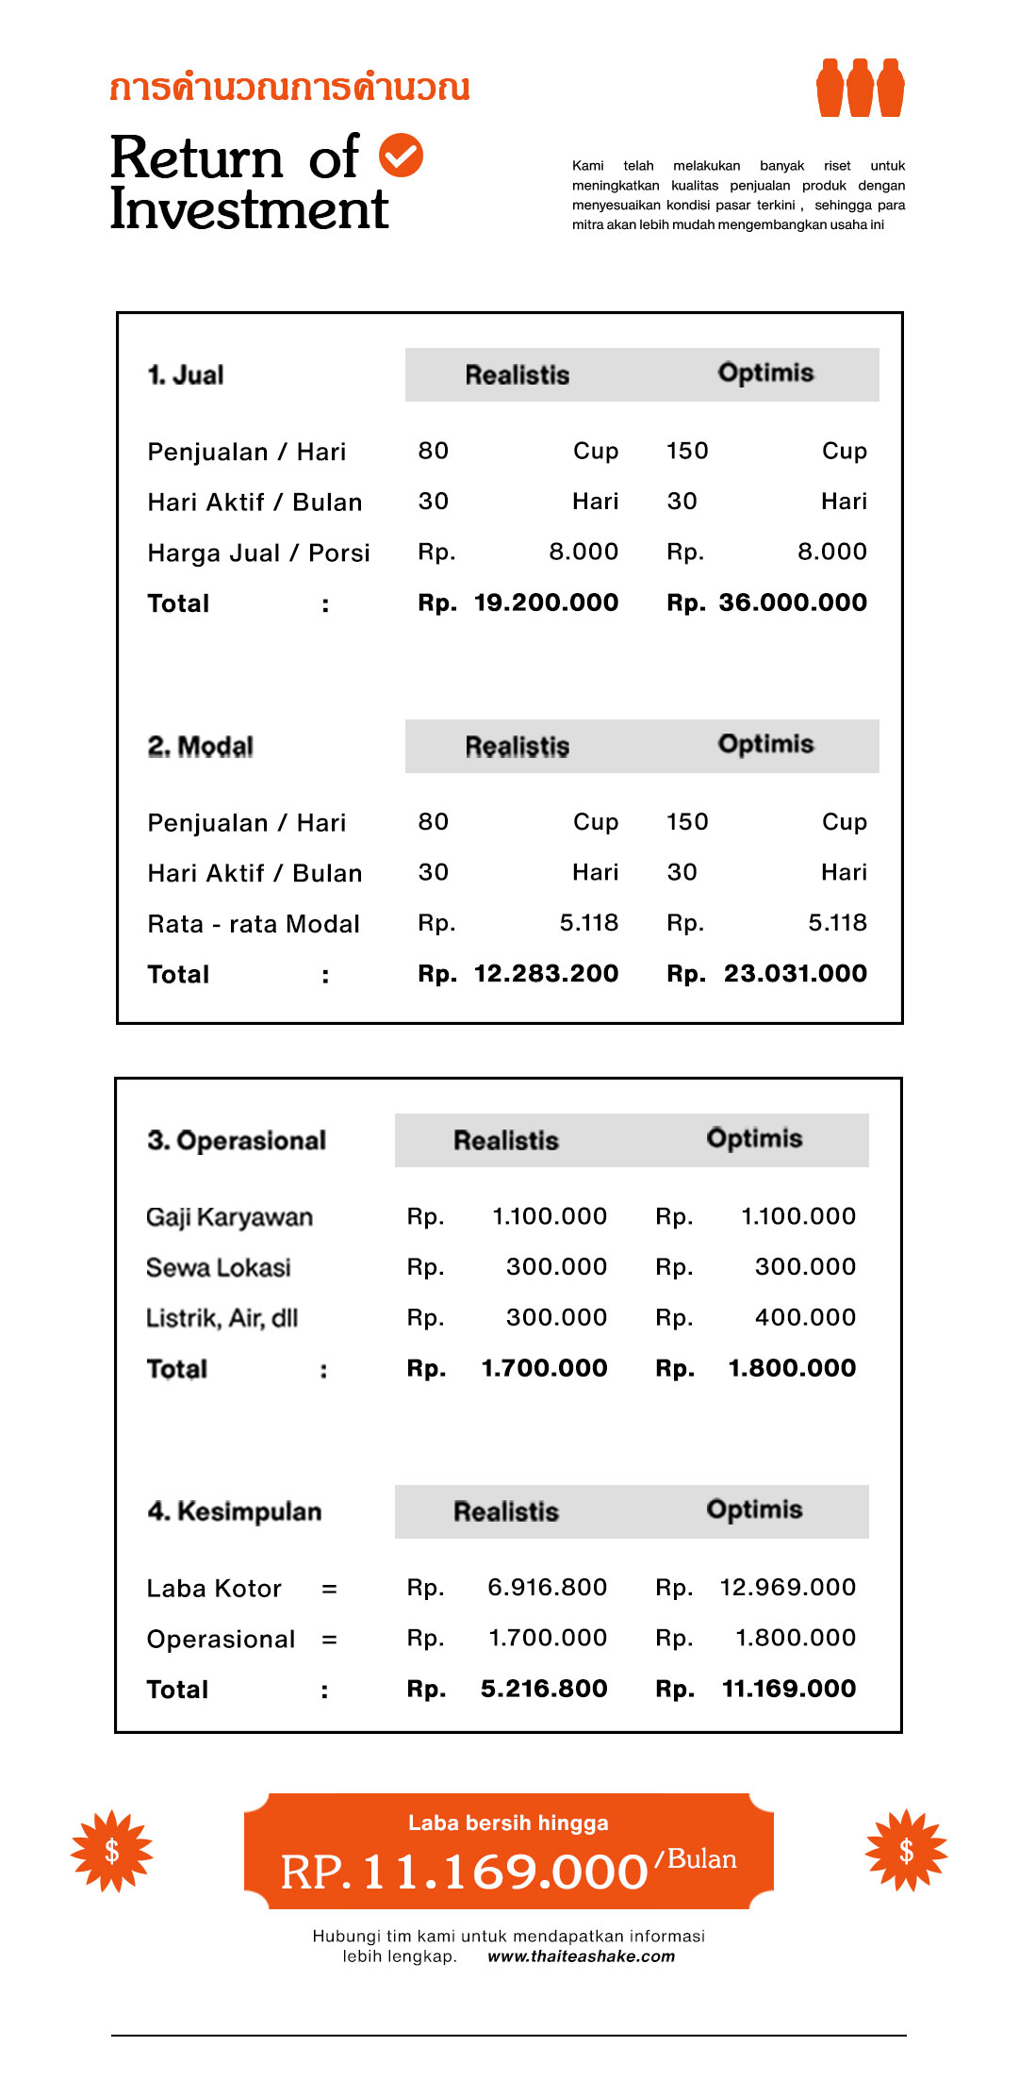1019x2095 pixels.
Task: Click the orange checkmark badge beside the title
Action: pyautogui.click(x=401, y=156)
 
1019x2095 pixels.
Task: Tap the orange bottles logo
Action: pyautogui.click(x=860, y=89)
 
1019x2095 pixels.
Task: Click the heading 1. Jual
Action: pyautogui.click(x=186, y=375)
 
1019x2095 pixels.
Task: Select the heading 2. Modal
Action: pyautogui.click(x=201, y=747)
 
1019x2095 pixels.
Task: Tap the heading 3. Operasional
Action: pyautogui.click(x=237, y=1141)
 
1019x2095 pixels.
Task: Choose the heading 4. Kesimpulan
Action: pyautogui.click(x=235, y=1511)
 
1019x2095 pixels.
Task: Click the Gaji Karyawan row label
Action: pyautogui.click(x=229, y=1217)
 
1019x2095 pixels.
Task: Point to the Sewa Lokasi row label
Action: pyautogui.click(x=219, y=1267)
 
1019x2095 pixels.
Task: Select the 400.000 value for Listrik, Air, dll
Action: pyautogui.click(x=805, y=1317)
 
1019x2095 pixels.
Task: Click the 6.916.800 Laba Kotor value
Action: pyautogui.click(x=547, y=1587)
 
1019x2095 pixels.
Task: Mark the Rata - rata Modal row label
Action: pyautogui.click(x=254, y=924)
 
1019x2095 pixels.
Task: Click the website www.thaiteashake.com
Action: pyautogui.click(x=581, y=1956)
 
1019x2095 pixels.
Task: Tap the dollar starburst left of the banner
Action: pyautogui.click(x=112, y=1851)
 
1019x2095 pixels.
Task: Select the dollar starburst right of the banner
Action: pyautogui.click(x=906, y=1850)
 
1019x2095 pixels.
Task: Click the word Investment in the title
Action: pyautogui.click(x=250, y=208)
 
